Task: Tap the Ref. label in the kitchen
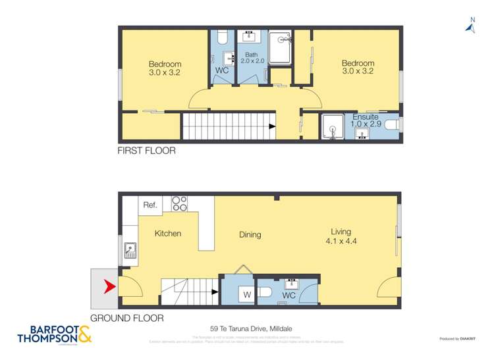[150, 205]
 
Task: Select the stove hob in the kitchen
[180, 204]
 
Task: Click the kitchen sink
[130, 251]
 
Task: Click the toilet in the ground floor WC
[265, 292]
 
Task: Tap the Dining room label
[250, 234]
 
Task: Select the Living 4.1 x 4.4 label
[341, 236]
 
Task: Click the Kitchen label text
[168, 234]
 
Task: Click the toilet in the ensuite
[392, 125]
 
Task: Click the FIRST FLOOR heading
[146, 151]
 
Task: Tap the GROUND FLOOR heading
[126, 318]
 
